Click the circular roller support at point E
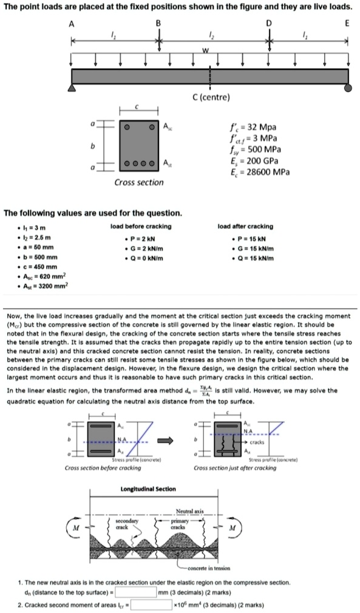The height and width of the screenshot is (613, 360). point(347,89)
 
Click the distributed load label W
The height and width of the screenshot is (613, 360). point(206,50)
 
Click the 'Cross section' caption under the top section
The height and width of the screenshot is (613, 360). point(139,182)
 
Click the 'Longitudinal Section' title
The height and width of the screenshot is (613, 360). point(148,488)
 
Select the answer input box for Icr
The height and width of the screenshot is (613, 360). point(151,604)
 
